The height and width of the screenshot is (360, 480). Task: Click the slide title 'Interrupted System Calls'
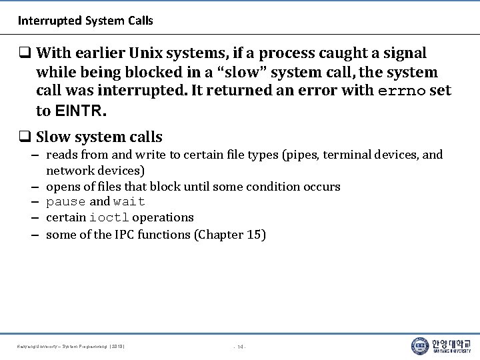(x=85, y=21)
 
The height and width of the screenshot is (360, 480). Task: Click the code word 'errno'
(x=403, y=91)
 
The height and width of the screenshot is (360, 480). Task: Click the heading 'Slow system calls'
(x=99, y=137)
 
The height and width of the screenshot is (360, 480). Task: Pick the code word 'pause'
(x=66, y=202)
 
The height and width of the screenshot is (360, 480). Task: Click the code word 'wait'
(x=129, y=202)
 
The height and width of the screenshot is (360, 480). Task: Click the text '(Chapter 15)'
(x=230, y=235)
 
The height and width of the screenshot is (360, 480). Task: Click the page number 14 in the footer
(x=240, y=347)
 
